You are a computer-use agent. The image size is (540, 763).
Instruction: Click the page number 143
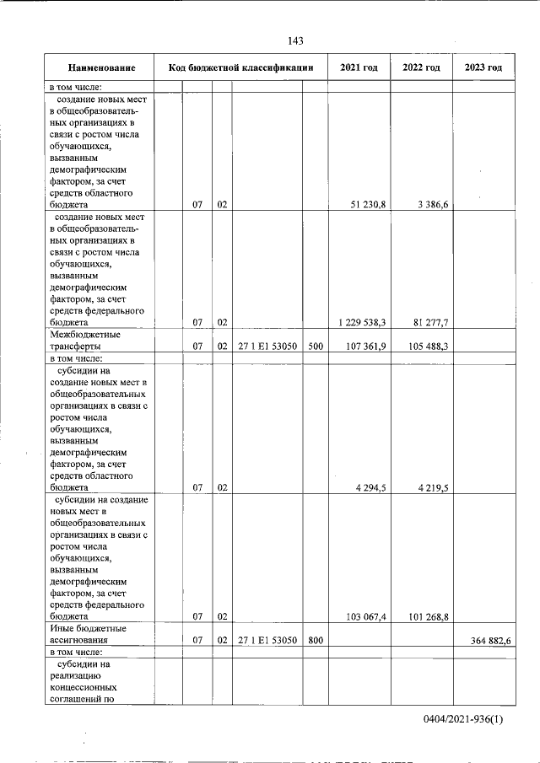click(x=295, y=41)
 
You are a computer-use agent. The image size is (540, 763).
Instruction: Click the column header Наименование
click(x=101, y=67)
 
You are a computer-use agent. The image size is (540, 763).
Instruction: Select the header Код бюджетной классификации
click(x=241, y=67)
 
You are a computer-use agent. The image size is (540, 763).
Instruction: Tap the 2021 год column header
click(x=359, y=67)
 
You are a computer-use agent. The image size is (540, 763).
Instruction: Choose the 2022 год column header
click(x=421, y=67)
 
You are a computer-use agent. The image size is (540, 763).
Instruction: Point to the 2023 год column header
click(x=483, y=67)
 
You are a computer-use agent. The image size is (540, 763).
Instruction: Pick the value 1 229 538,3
click(x=361, y=322)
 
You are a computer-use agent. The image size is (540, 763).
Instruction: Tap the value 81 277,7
click(x=426, y=322)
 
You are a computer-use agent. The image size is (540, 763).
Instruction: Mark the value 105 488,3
click(x=426, y=346)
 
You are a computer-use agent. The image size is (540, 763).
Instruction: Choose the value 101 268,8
click(x=426, y=617)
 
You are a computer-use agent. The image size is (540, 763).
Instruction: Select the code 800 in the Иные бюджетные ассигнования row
click(x=314, y=641)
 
